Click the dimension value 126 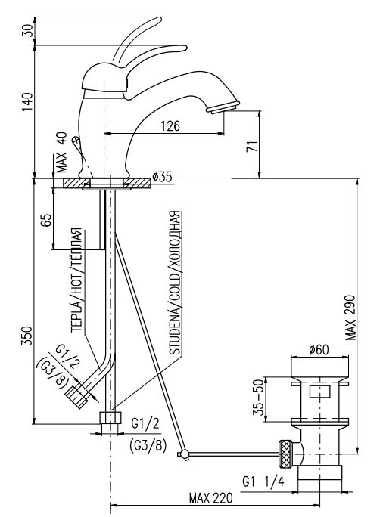pos(170,126)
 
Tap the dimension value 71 pos(252,146)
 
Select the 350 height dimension pos(28,336)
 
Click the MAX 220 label pos(210,498)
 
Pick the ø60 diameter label pos(319,349)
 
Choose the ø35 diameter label pos(162,178)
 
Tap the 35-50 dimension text pos(260,398)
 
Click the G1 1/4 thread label pos(263,482)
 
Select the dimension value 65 pos(46,220)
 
